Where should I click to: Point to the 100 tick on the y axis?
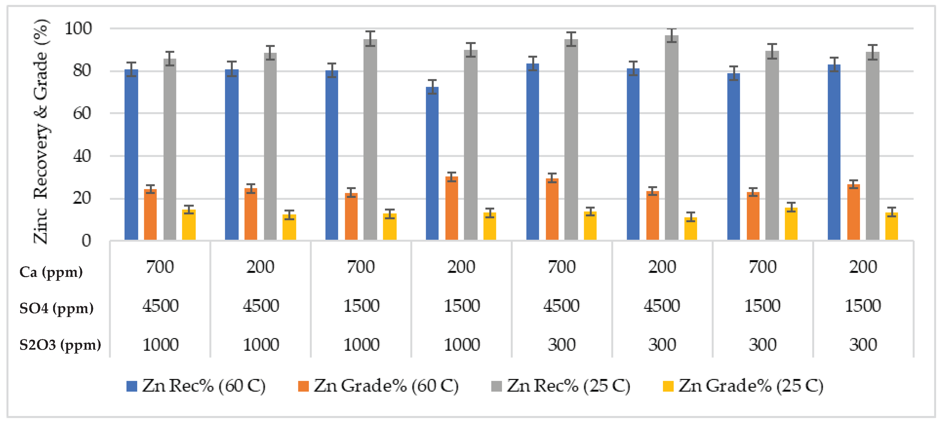(78, 28)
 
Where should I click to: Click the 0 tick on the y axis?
(86, 241)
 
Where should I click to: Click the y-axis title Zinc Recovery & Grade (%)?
(41, 132)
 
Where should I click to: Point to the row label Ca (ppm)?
(51, 272)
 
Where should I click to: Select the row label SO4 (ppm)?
(56, 308)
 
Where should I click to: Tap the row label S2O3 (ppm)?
(60, 345)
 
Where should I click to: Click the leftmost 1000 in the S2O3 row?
(160, 345)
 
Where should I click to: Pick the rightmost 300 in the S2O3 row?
(863, 345)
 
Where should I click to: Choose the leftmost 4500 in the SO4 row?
(160, 306)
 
